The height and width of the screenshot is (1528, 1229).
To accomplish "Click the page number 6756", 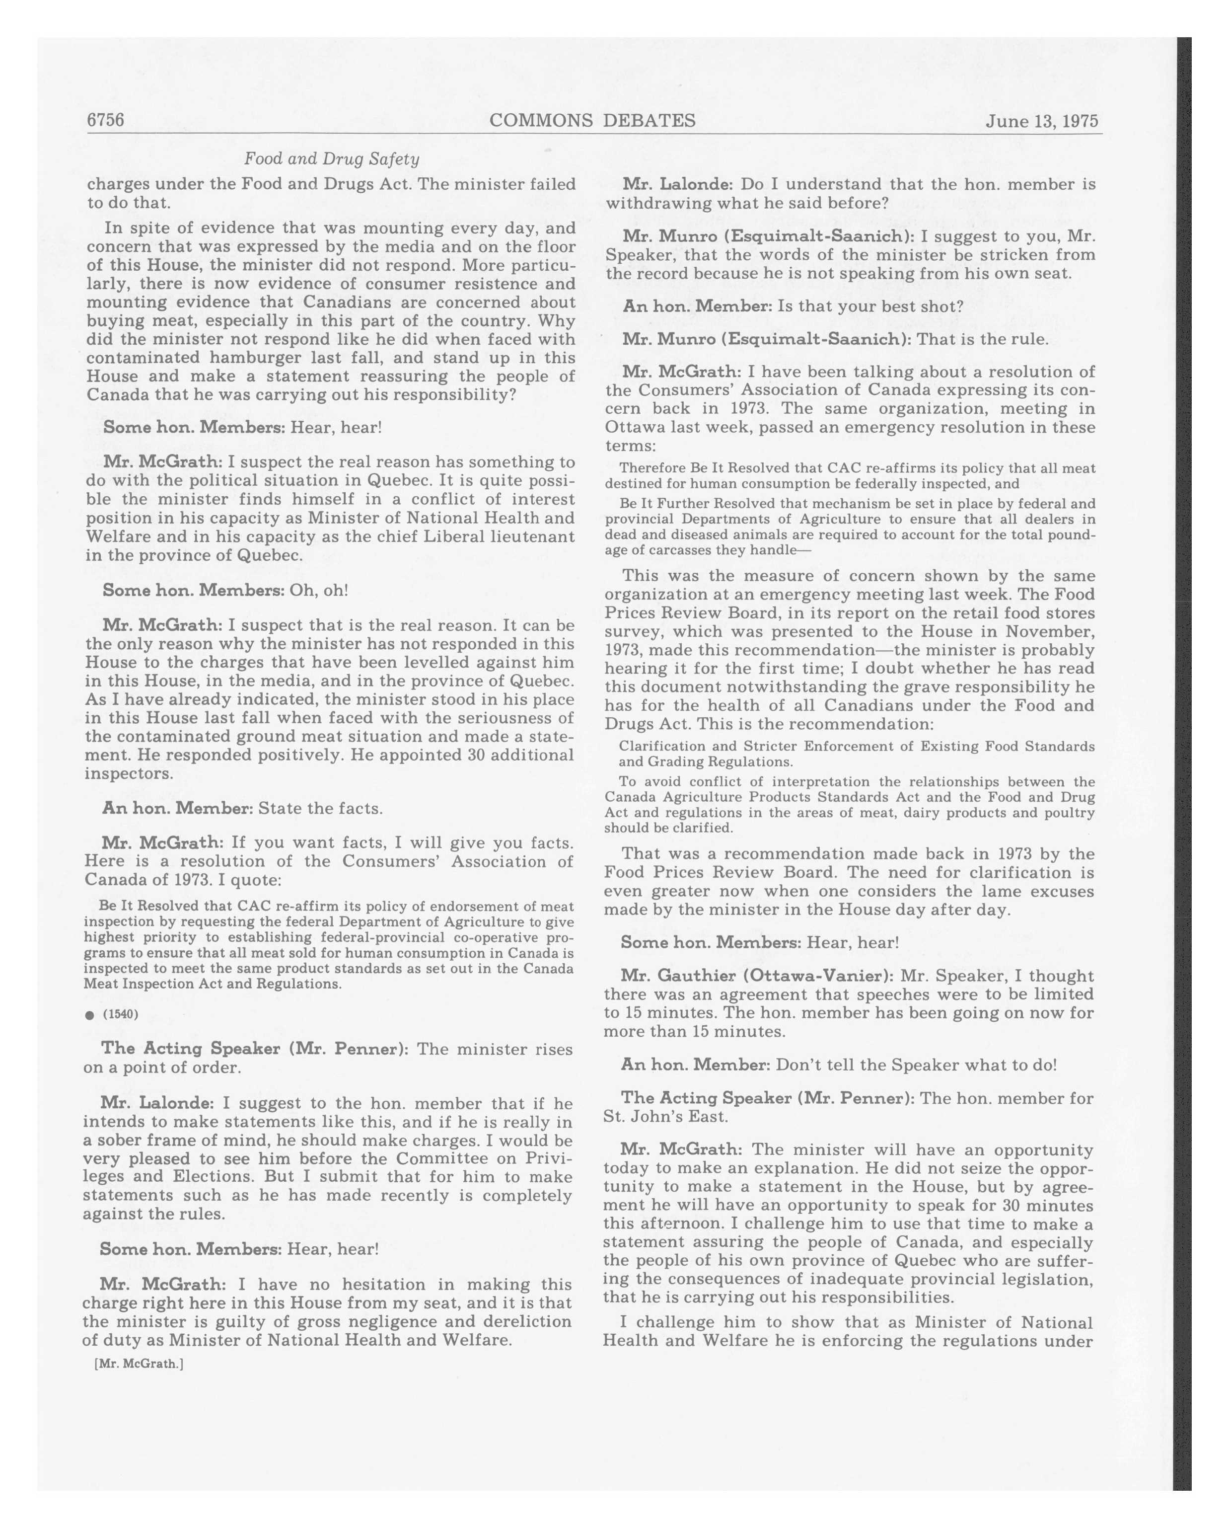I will (x=106, y=121).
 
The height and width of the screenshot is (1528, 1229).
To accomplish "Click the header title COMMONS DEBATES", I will (x=592, y=121).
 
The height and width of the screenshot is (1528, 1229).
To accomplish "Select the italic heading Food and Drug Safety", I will (x=332, y=159).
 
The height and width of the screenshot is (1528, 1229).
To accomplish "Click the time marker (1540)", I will (x=121, y=1014).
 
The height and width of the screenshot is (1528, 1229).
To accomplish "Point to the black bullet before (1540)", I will (x=89, y=1015).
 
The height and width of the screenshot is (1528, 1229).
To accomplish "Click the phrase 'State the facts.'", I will (x=320, y=808).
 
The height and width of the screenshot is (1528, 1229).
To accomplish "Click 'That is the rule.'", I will (x=983, y=339).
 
